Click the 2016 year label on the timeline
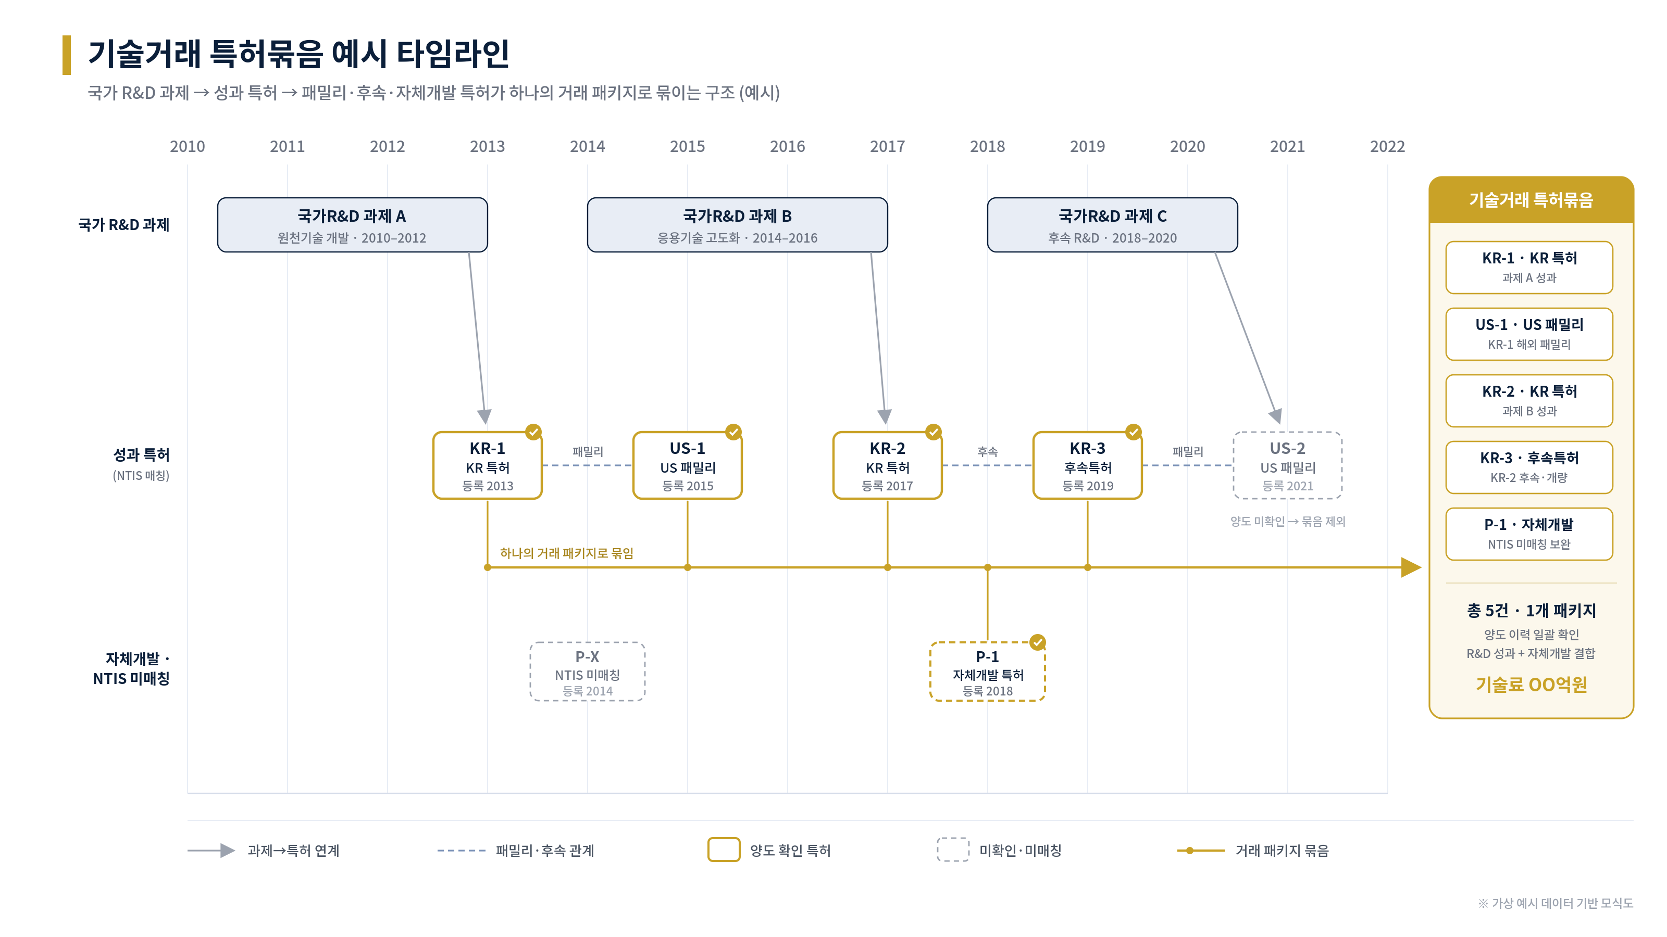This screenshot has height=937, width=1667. pos(787,147)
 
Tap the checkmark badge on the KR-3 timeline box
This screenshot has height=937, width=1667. pos(1133,432)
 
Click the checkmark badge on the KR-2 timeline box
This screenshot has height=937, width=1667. pos(933,432)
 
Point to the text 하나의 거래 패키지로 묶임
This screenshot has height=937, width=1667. pos(566,553)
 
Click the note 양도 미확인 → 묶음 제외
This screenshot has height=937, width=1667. pos(1287,521)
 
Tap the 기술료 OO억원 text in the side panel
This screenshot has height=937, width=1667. pos(1531,684)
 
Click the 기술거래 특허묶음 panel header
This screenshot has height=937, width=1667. pos(1531,200)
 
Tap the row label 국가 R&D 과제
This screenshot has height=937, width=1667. pos(123,225)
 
